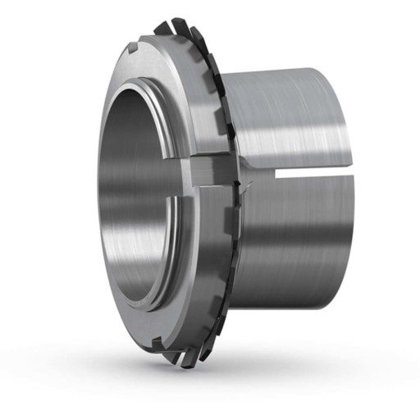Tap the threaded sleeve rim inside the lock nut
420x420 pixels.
pyautogui.click(x=168, y=98)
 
